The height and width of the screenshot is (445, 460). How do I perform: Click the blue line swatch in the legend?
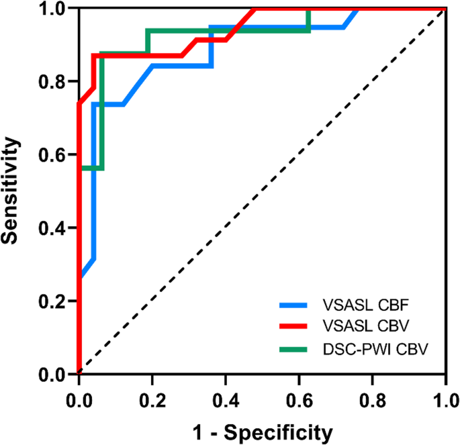[x=293, y=305]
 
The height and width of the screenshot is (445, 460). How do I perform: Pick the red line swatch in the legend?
[x=293, y=328]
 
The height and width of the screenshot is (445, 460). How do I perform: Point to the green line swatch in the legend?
[x=293, y=350]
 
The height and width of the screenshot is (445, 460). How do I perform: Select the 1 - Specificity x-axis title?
[x=262, y=432]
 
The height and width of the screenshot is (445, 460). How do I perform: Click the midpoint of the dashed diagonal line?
[x=263, y=191]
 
